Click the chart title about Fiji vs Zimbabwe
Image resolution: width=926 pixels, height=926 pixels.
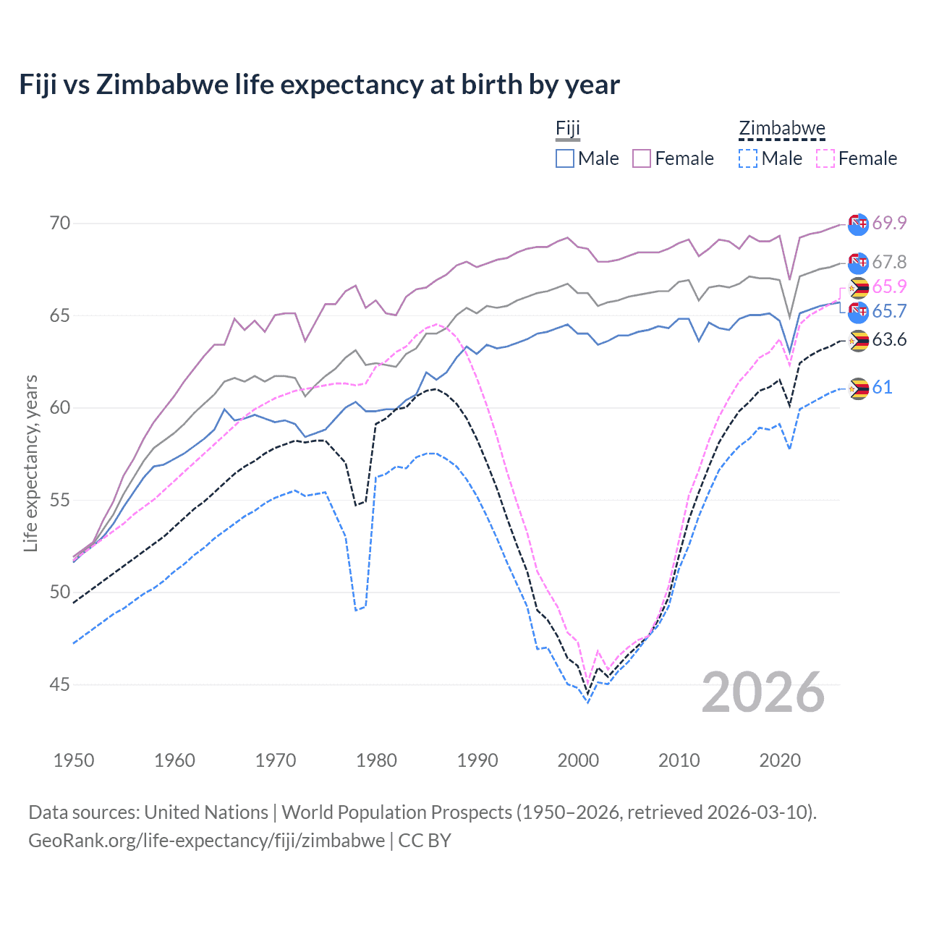click(x=319, y=85)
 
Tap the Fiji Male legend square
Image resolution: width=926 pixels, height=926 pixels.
click(x=565, y=158)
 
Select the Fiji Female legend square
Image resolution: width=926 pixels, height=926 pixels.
click(x=642, y=158)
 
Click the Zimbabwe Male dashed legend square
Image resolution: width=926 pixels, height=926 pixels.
click(x=748, y=158)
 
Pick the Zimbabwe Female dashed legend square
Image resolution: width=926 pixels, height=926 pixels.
click(x=825, y=158)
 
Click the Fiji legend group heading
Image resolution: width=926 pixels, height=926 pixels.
click(x=568, y=129)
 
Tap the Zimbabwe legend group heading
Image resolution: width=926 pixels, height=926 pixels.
click(x=781, y=129)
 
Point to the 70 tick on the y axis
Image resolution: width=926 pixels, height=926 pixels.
click(x=60, y=223)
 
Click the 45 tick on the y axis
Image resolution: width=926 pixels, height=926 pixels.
click(x=60, y=684)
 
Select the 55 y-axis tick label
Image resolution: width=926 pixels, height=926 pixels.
click(x=60, y=500)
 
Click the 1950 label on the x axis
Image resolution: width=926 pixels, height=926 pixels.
click(x=74, y=760)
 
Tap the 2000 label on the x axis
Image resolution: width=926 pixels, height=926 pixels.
click(x=578, y=760)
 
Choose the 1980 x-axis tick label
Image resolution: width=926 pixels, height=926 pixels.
click(x=376, y=760)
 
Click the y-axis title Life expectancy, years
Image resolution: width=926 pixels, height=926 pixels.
click(x=31, y=463)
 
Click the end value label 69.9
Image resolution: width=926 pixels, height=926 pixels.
click(x=889, y=223)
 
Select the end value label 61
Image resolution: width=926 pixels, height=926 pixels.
click(x=882, y=388)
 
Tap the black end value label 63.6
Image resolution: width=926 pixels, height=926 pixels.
click(x=889, y=340)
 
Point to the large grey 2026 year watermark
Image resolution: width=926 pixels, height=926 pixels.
click(x=763, y=692)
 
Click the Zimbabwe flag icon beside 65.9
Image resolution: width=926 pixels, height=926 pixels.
click(x=859, y=288)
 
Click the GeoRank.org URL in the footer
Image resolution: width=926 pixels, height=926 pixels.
click(x=206, y=841)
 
